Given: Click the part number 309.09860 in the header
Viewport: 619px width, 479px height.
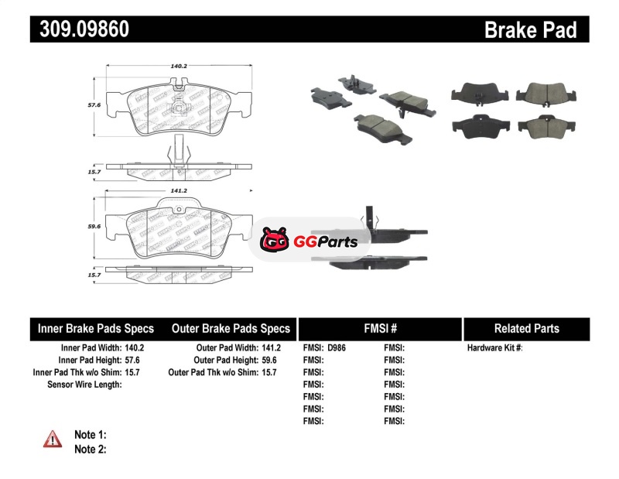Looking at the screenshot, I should point(80,29).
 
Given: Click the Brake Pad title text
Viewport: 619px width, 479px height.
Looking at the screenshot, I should point(530,29).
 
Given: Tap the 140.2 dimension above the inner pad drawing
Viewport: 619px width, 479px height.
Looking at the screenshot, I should point(179,67).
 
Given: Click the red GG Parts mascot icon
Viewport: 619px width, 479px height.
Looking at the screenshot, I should point(273,241).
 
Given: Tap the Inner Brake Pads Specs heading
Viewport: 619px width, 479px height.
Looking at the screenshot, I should point(96,329).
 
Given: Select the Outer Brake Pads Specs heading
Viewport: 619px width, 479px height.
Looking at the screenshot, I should point(231,329).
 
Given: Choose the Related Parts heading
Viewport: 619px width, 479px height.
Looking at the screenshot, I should point(526,329).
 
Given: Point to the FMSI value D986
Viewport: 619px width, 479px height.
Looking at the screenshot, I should point(337,348).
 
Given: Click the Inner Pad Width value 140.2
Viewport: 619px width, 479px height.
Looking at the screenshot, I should point(135,348).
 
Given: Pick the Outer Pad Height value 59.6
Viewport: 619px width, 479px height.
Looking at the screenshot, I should point(269,360).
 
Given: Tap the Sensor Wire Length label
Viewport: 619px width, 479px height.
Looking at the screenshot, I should point(84,384).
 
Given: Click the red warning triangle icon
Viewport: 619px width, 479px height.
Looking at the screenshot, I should point(53,439).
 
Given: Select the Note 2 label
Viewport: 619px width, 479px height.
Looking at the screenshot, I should point(90,449).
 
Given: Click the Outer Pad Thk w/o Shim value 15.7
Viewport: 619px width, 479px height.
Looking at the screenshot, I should point(269,372).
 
